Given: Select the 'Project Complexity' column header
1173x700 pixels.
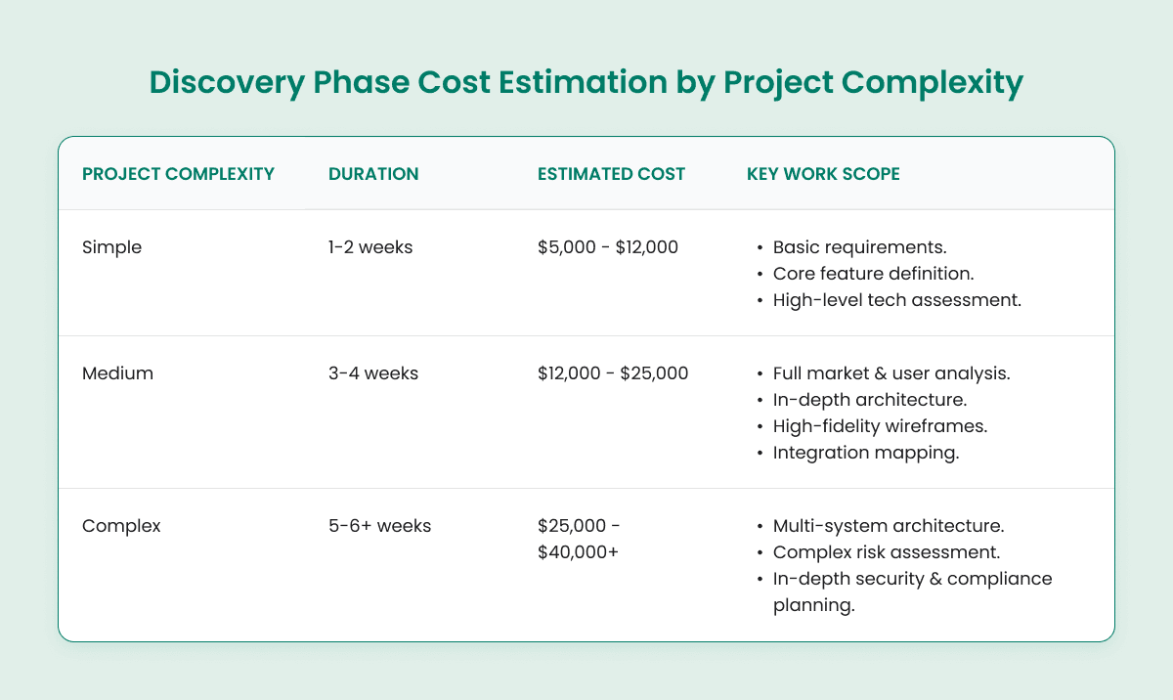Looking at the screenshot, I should tap(178, 174).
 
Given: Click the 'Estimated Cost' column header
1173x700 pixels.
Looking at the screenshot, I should tap(611, 174).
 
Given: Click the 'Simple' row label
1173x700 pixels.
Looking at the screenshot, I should tap(112, 247).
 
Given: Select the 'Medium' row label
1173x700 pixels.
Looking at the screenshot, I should tap(117, 373).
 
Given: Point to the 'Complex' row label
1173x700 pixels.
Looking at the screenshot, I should tap(121, 525).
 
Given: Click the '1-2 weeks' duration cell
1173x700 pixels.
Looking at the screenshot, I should tap(370, 247).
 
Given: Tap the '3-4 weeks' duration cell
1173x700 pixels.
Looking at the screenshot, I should tap(372, 373).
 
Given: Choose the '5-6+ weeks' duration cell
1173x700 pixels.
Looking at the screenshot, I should tap(379, 525).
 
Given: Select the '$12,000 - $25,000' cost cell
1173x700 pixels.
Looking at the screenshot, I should tap(612, 373).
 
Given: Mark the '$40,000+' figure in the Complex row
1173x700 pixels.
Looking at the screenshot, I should tap(576, 552).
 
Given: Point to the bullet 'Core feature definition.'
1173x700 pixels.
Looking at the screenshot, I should tap(875, 274).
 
